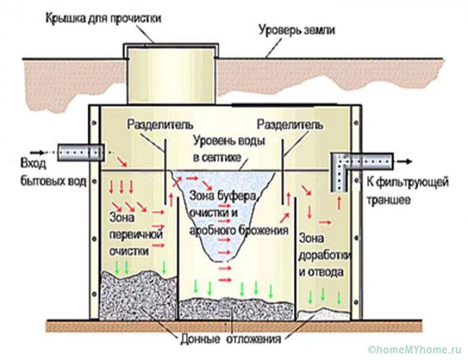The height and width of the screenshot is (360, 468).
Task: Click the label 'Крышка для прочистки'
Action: [103, 17]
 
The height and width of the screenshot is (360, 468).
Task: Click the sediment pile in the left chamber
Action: [135, 295]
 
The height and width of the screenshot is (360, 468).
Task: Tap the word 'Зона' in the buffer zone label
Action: [202, 196]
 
